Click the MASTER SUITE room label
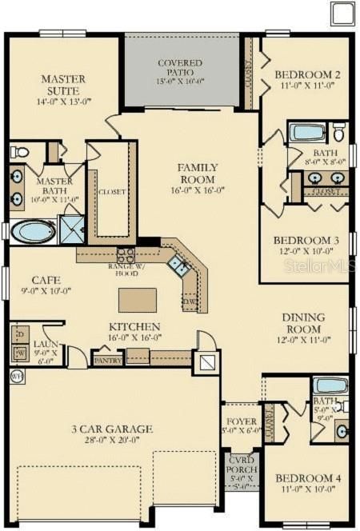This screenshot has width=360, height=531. pyautogui.click(x=63, y=86)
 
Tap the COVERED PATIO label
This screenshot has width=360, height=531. pyautogui.click(x=180, y=67)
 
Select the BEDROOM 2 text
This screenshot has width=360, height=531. pyautogui.click(x=308, y=75)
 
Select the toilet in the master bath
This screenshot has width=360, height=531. pyautogui.click(x=20, y=151)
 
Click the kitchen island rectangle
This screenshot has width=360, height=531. pyautogui.click(x=138, y=299)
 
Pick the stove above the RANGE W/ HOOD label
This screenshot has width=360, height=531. pyautogui.click(x=126, y=255)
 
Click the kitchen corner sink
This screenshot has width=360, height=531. pyautogui.click(x=180, y=266)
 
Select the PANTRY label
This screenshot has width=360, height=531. pyautogui.click(x=107, y=361)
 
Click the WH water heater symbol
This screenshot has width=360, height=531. pyautogui.click(x=17, y=375)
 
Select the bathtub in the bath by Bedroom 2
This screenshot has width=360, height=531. pyautogui.click(x=306, y=132)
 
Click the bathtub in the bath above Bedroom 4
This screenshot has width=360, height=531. pyautogui.click(x=330, y=385)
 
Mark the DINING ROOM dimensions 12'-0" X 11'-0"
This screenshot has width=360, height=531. pyautogui.click(x=303, y=340)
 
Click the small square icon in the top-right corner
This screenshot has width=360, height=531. pyautogui.click(x=342, y=14)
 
